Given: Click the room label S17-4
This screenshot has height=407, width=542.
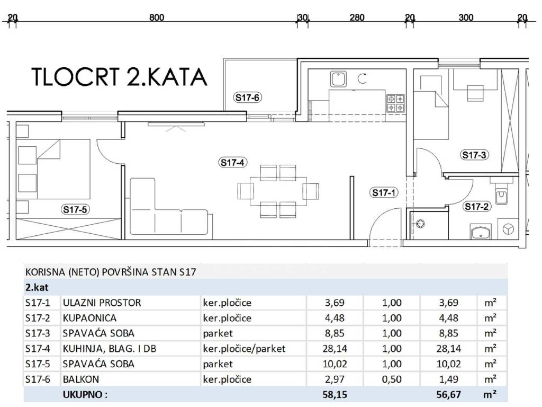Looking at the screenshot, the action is point(233,162).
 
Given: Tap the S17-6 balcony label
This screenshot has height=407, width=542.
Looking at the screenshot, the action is point(247,98).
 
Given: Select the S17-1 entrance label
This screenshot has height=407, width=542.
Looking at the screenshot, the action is point(384,192).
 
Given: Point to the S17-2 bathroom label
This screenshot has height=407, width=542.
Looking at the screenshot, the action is point(477,207).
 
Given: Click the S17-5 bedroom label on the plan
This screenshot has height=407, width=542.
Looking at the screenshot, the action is point(75,209).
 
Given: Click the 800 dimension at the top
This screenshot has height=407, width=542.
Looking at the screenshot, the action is point(157,17).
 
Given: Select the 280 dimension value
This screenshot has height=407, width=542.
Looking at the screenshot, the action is point(357,17).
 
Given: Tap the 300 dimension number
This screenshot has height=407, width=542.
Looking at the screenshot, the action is point(466,17).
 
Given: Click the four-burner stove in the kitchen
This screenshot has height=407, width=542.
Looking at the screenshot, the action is point(395,103).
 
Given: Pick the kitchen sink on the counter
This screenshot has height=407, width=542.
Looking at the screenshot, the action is point(338,79).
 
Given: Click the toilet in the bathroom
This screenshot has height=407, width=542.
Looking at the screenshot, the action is point(501,196).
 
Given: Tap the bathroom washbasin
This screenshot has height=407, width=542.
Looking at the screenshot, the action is point(481,232).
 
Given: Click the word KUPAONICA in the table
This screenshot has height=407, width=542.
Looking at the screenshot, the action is point(89,318).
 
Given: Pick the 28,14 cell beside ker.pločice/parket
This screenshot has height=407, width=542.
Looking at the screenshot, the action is point(335,349).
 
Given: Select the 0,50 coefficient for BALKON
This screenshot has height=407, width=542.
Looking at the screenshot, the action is point(392,379).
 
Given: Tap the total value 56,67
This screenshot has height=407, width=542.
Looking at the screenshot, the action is point(448,394).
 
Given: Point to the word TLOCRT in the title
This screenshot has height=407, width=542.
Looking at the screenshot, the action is point(76,77).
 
